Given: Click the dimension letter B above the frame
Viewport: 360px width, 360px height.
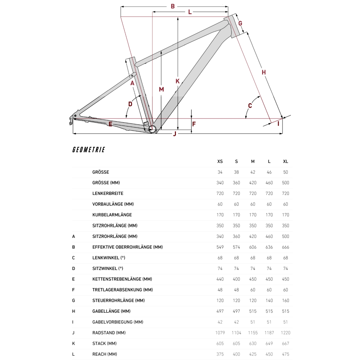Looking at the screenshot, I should pyautogui.click(x=173, y=6).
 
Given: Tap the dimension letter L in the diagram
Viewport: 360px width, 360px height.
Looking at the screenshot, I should pyautogui.click(x=190, y=12).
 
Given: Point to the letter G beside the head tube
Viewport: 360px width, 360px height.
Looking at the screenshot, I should pyautogui.click(x=240, y=23).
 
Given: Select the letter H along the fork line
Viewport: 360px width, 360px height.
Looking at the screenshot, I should pyautogui.click(x=264, y=72).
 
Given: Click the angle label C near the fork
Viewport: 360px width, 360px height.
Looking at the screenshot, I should pyautogui.click(x=250, y=105).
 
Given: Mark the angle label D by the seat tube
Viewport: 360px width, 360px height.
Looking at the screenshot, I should pyautogui.click(x=130, y=104).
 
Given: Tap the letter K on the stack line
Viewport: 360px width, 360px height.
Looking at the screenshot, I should pyautogui.click(x=177, y=81).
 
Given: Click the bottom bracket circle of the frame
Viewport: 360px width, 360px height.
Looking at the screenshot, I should pyautogui.click(x=152, y=129).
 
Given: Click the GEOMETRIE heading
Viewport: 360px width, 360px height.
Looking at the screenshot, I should pyautogui.click(x=89, y=150).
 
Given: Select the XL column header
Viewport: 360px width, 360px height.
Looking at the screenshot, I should pyautogui.click(x=285, y=161).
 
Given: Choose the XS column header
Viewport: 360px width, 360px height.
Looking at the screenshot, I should pyautogui.click(x=220, y=161).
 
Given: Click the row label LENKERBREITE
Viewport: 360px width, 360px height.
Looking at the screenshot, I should pyautogui.click(x=108, y=193).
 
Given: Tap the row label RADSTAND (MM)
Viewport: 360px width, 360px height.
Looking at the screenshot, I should pyautogui.click(x=109, y=333).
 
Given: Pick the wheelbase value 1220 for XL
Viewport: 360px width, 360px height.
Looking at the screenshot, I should pyautogui.click(x=285, y=333).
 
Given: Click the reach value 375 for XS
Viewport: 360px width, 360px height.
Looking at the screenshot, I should pyautogui.click(x=220, y=354).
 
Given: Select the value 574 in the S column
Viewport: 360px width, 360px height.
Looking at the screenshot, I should pyautogui.click(x=236, y=247).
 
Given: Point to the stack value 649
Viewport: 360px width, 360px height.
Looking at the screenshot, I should pyautogui.click(x=269, y=344).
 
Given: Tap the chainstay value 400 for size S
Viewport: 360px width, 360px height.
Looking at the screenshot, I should pyautogui.click(x=236, y=279).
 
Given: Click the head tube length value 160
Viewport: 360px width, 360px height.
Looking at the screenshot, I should pyautogui.click(x=285, y=301).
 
